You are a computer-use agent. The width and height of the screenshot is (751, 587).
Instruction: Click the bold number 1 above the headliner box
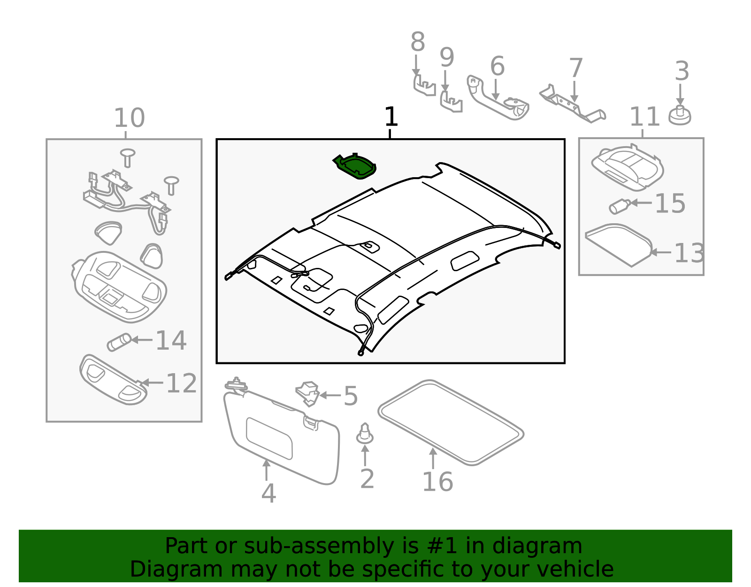pos(391,117)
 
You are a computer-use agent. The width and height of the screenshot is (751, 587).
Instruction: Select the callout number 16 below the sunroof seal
pos(437,482)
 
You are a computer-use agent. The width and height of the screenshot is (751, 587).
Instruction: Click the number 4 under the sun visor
pos(268,493)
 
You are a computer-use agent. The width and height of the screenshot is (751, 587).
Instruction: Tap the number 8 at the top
pos(417,42)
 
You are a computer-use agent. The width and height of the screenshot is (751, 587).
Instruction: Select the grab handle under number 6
pos(498,102)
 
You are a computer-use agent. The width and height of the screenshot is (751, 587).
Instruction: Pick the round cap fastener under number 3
pos(680,116)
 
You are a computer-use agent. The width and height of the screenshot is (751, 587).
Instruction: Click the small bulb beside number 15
pos(619,206)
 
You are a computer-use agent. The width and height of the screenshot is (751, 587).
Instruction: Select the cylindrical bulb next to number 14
pos(119,342)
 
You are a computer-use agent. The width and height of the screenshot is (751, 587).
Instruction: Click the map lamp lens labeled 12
pos(113,380)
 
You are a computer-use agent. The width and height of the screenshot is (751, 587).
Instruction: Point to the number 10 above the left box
pos(129,118)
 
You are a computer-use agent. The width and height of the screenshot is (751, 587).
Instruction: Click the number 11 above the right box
pos(644,117)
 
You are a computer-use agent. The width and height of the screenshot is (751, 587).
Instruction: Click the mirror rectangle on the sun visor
pos(269,438)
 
